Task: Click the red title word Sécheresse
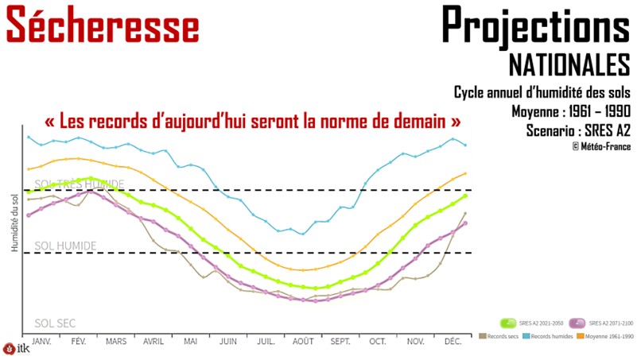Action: [x=102, y=25]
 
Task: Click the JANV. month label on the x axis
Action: [x=41, y=340]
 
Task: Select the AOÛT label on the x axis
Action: [x=302, y=340]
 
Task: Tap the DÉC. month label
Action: [x=453, y=340]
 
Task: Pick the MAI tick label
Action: [x=190, y=340]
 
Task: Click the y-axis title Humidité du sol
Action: [x=14, y=223]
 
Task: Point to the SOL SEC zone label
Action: [x=55, y=323]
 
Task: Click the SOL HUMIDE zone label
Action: [x=65, y=246]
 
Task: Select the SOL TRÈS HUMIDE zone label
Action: [x=80, y=184]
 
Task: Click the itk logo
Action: [x=14, y=349]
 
